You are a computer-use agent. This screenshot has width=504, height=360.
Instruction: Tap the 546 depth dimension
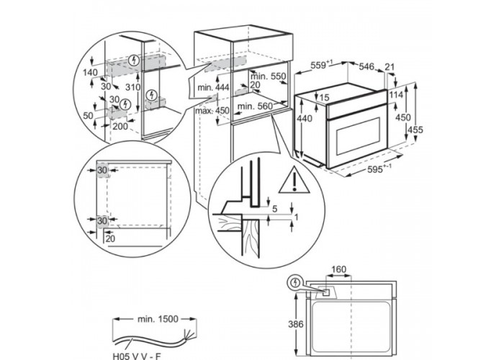click(368, 67)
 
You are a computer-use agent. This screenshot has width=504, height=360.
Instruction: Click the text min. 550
click(269, 76)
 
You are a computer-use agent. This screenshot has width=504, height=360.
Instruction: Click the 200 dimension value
click(120, 125)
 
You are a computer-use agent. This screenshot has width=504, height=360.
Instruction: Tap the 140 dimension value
click(91, 73)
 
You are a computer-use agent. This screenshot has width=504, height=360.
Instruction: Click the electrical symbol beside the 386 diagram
click(294, 284)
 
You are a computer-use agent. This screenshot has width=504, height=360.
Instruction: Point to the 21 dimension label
click(390, 67)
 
